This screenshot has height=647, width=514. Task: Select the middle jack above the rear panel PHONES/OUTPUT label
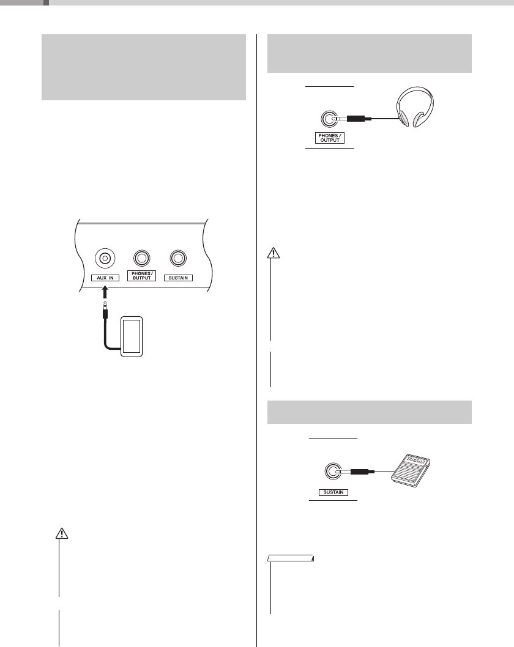pos(143,259)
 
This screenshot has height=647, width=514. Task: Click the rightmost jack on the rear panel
pos(179,259)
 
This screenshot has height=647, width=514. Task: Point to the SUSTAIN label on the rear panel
pos(179,278)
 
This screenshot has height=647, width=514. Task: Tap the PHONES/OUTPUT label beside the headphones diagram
pos(330,138)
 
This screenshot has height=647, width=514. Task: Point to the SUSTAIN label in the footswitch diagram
pos(333,492)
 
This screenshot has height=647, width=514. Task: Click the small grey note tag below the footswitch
pos(291,558)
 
